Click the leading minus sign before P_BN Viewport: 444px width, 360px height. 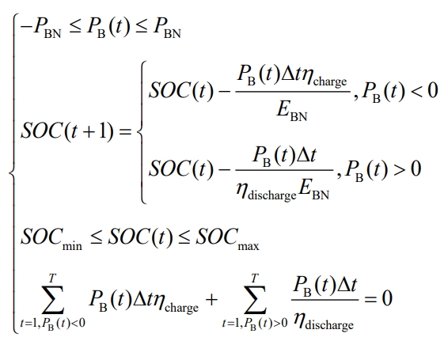tap(26, 28)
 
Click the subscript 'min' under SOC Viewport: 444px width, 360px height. tap(72, 245)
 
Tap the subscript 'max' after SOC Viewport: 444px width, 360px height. tap(249, 246)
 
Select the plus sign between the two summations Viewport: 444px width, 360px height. tap(211, 299)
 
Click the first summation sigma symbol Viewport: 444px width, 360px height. tap(53, 299)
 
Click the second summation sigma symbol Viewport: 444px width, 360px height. tap(255, 299)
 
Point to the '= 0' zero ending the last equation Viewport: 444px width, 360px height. tap(387, 298)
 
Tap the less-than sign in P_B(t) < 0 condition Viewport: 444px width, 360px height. tap(417, 91)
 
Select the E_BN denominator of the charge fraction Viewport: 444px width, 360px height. tap(292, 111)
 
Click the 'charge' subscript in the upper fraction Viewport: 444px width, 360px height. tap(330, 81)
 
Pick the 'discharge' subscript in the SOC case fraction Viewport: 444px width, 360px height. tap(271, 195)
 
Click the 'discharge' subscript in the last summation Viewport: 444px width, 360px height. tap(329, 324)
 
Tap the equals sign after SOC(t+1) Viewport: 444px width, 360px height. tap(125, 131)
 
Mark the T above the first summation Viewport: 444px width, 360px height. tap(52, 278)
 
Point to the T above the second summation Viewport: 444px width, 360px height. tap(255, 278)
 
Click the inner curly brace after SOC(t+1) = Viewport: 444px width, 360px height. tap(142, 132)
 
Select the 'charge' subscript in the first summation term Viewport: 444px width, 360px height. tap(181, 307)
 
